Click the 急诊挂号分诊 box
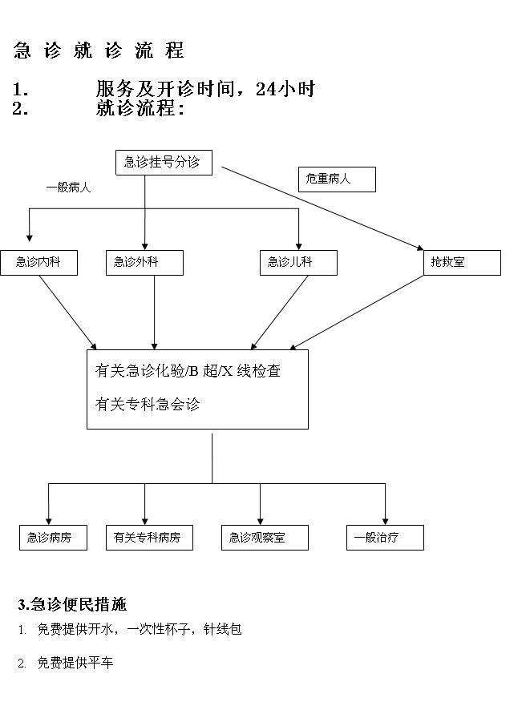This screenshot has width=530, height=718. tap(164, 163)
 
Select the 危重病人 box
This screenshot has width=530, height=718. tap(337, 179)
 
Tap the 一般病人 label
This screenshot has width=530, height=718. tap(68, 188)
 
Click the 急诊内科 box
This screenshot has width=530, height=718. tap(39, 263)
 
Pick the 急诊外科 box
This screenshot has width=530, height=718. tap(145, 263)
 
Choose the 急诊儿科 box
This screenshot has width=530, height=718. tap(298, 263)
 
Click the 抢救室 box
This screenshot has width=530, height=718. tap(462, 263)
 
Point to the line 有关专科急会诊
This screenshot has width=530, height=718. tap(148, 405)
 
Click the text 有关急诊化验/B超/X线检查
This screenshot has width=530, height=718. tap(188, 370)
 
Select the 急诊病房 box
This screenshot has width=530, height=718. tap(53, 538)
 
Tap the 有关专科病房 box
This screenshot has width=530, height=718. tap(149, 538)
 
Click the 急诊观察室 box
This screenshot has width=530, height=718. tap(265, 538)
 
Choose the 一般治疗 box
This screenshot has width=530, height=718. tap(385, 538)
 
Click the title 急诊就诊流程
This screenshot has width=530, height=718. tap(99, 50)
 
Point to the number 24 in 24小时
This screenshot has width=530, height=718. tap(265, 89)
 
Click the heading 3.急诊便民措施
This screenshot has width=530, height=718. tap(72, 604)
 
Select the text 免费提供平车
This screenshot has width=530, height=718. tap(75, 663)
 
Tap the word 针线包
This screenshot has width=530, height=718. tap(223, 629)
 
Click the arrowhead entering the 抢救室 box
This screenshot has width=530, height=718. tap(420, 248)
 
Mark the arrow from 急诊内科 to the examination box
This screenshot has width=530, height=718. tap(68, 313)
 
